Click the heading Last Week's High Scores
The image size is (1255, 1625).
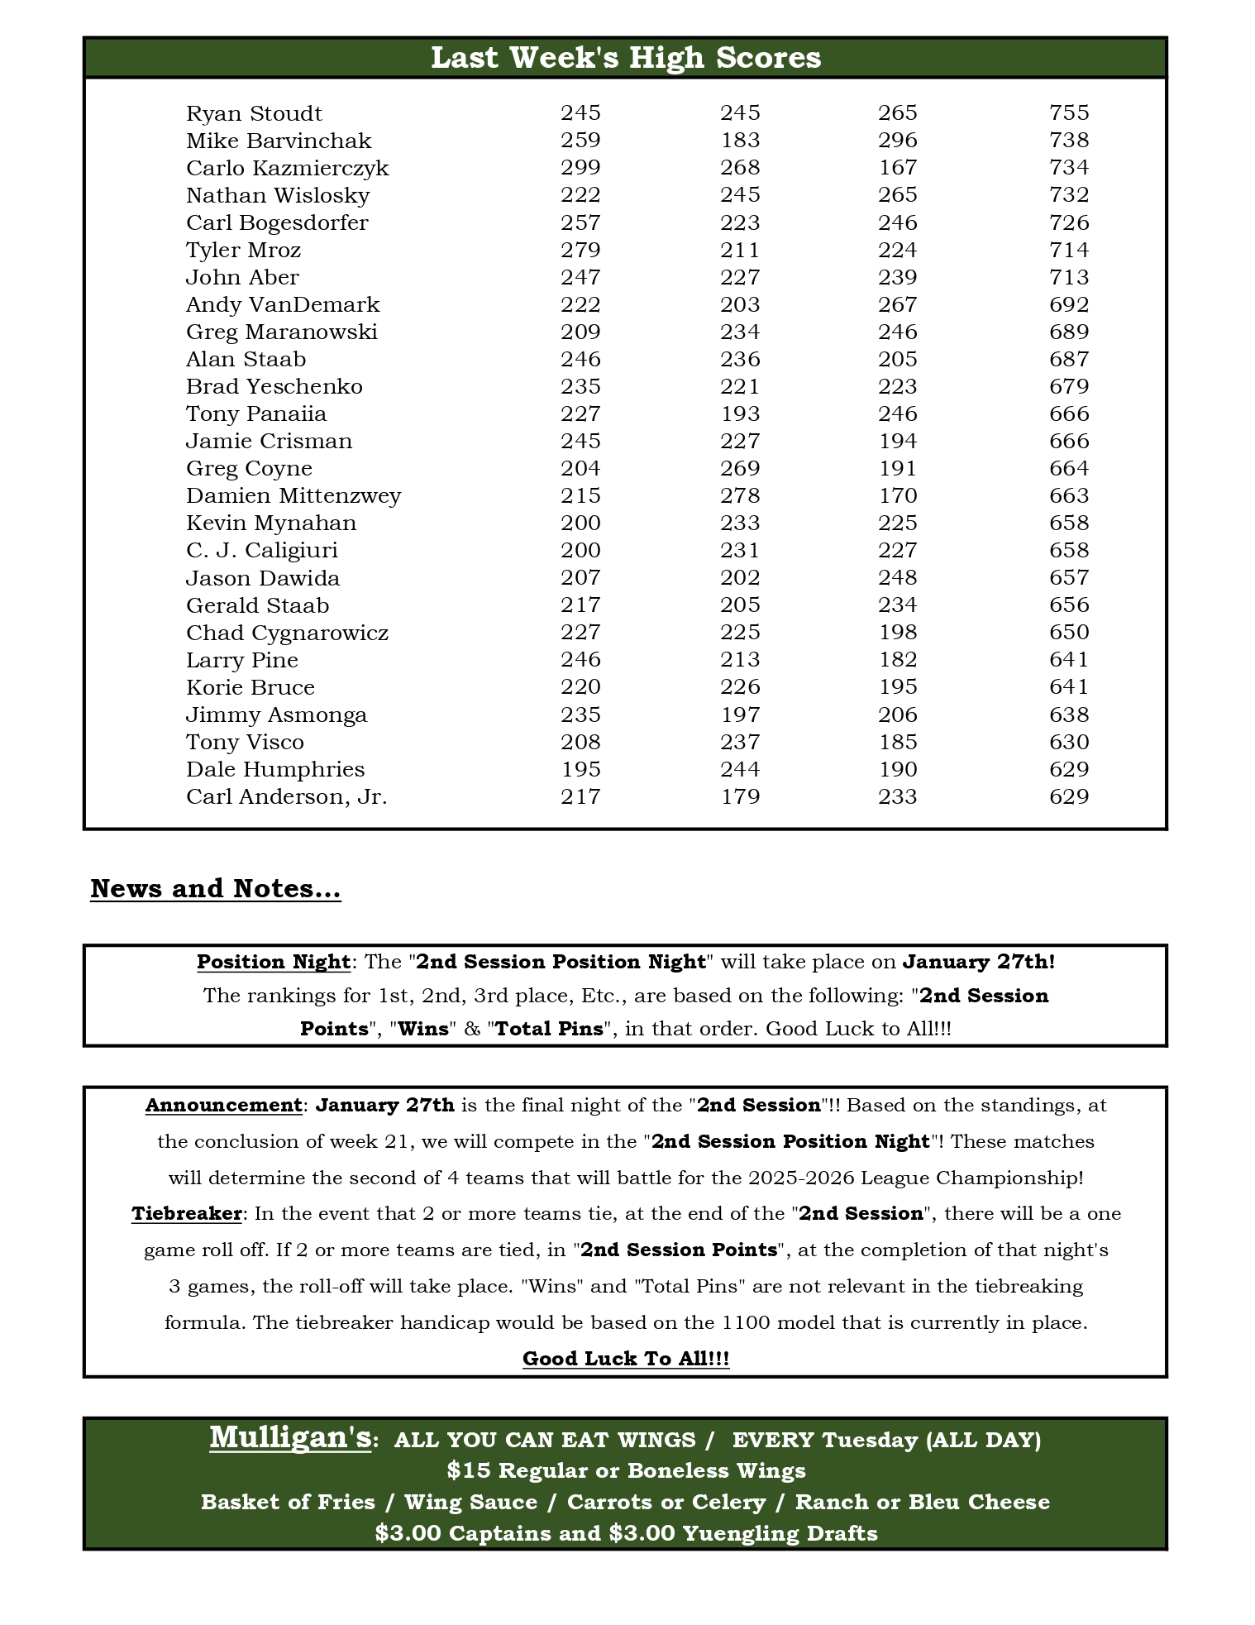point(626,58)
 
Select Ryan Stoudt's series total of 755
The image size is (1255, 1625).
point(1069,112)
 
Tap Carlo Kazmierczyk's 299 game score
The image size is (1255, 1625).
point(580,167)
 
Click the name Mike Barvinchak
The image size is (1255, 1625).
point(279,141)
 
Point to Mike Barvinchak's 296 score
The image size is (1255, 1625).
point(898,140)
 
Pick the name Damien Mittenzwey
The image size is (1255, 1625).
point(293,495)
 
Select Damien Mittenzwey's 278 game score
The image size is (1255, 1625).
point(740,495)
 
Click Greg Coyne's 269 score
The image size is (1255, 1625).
point(740,468)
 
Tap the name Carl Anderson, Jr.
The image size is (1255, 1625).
point(286,796)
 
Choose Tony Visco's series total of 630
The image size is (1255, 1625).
point(1069,742)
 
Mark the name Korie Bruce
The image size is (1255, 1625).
point(251,687)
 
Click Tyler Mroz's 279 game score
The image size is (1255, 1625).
point(580,250)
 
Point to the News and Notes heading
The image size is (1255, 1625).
point(215,888)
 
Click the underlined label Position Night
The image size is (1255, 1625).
point(274,962)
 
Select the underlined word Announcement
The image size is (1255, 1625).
point(223,1105)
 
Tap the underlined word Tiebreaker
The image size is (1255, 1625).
point(186,1213)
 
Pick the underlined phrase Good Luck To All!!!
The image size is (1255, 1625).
point(626,1358)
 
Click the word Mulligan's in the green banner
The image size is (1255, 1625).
point(290,1437)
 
